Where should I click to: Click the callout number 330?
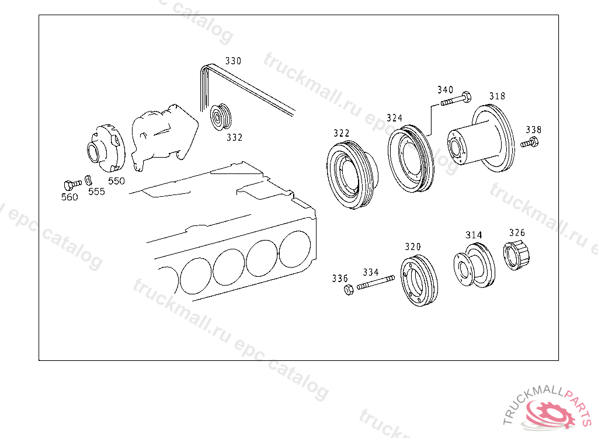pos(233,61)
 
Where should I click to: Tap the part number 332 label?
pos(234,137)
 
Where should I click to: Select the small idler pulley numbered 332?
pos(221,116)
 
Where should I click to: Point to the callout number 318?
pos(498,96)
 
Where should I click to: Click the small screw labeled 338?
pos(530,144)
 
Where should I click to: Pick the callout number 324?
pos(394,118)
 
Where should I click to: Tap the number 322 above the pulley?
pos(341,133)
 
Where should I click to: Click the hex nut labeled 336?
pos(349,290)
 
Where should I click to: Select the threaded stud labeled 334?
pos(376,282)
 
